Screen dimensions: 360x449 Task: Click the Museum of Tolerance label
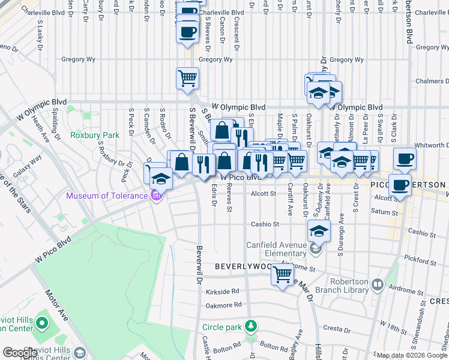(107, 196)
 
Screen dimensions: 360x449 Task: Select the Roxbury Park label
(88, 135)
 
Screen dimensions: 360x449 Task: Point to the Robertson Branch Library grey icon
(377, 285)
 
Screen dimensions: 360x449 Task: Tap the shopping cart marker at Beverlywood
(282, 275)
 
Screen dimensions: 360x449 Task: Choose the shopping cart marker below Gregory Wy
(187, 77)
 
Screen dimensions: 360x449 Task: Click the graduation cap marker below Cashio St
(319, 230)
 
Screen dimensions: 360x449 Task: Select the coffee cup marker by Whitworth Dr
(405, 159)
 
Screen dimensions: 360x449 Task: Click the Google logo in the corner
(20, 352)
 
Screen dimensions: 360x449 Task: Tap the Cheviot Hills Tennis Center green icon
(41, 324)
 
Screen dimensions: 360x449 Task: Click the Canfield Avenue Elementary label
(277, 249)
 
